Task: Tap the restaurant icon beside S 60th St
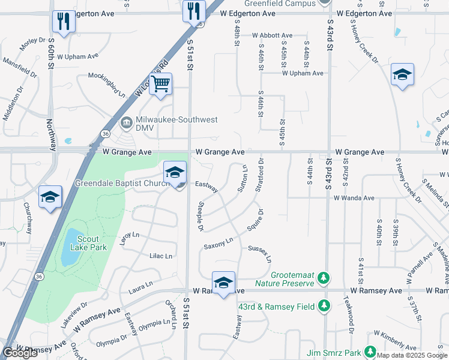[x=62, y=22]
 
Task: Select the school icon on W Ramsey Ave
[x=223, y=283]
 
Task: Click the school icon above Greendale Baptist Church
[x=175, y=172]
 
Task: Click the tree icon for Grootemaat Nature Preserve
[x=324, y=278]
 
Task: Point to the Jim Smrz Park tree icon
[x=370, y=351]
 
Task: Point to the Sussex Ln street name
[x=260, y=253]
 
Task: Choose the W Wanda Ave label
[x=354, y=197]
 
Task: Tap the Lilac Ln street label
[x=160, y=256]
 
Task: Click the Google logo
[x=20, y=353]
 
